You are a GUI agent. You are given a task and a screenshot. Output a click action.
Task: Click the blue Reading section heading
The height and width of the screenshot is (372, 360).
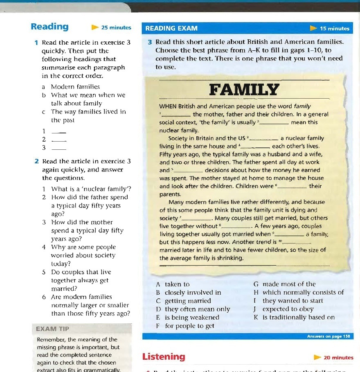49,27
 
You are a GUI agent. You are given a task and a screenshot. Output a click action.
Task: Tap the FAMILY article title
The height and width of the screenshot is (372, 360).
244,90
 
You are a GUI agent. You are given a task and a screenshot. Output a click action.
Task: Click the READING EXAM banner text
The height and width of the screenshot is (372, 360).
171,28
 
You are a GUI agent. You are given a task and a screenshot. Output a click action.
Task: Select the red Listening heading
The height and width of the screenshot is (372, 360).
164,356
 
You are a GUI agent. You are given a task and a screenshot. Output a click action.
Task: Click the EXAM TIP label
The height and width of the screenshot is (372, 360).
53,329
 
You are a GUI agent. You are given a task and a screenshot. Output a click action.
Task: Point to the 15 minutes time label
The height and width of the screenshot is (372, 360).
334,29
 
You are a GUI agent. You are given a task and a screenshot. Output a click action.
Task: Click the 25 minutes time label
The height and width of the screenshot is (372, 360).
116,28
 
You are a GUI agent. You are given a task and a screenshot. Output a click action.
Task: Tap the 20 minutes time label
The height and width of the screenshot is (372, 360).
338,357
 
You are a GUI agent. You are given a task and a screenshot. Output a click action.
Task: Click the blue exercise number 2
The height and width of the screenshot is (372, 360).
37,161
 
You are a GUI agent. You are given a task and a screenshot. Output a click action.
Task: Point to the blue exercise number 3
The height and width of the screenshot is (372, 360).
150,42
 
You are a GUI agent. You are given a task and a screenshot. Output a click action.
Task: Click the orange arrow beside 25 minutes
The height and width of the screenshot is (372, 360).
95,28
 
